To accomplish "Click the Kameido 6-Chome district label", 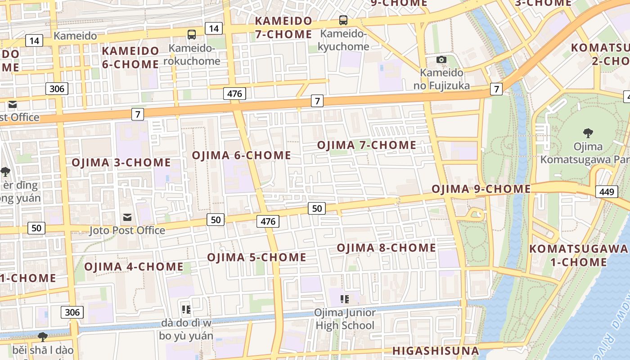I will tap(130, 57).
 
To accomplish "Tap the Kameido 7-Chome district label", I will tap(283, 27).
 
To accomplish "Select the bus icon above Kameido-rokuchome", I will tap(192, 34).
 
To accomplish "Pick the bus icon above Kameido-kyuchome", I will tap(343, 20).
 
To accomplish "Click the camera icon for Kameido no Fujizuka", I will tap(441, 59).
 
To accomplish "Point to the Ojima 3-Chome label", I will tap(121, 162).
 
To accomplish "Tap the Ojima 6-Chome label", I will tap(242, 155).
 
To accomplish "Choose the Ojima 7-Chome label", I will tap(367, 145).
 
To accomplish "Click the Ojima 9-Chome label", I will tap(481, 189).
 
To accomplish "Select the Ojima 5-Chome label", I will tap(256, 257).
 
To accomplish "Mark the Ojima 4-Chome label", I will tap(134, 266).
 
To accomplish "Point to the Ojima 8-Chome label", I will tap(386, 248).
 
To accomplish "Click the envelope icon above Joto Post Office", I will tap(128, 218).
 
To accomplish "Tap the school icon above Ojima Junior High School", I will tap(345, 299).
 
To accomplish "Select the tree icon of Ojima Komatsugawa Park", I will tap(588, 133).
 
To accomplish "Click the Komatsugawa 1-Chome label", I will tap(578, 255).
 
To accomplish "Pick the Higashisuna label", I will tap(436, 351).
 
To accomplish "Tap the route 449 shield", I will tap(606, 192).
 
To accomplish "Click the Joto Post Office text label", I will tap(127, 230).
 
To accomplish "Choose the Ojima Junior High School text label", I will tap(345, 319).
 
